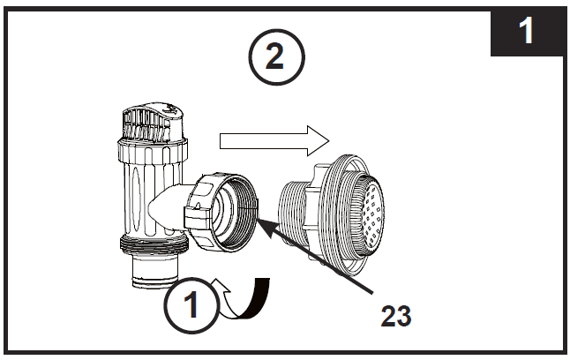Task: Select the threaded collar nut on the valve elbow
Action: (221, 211)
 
